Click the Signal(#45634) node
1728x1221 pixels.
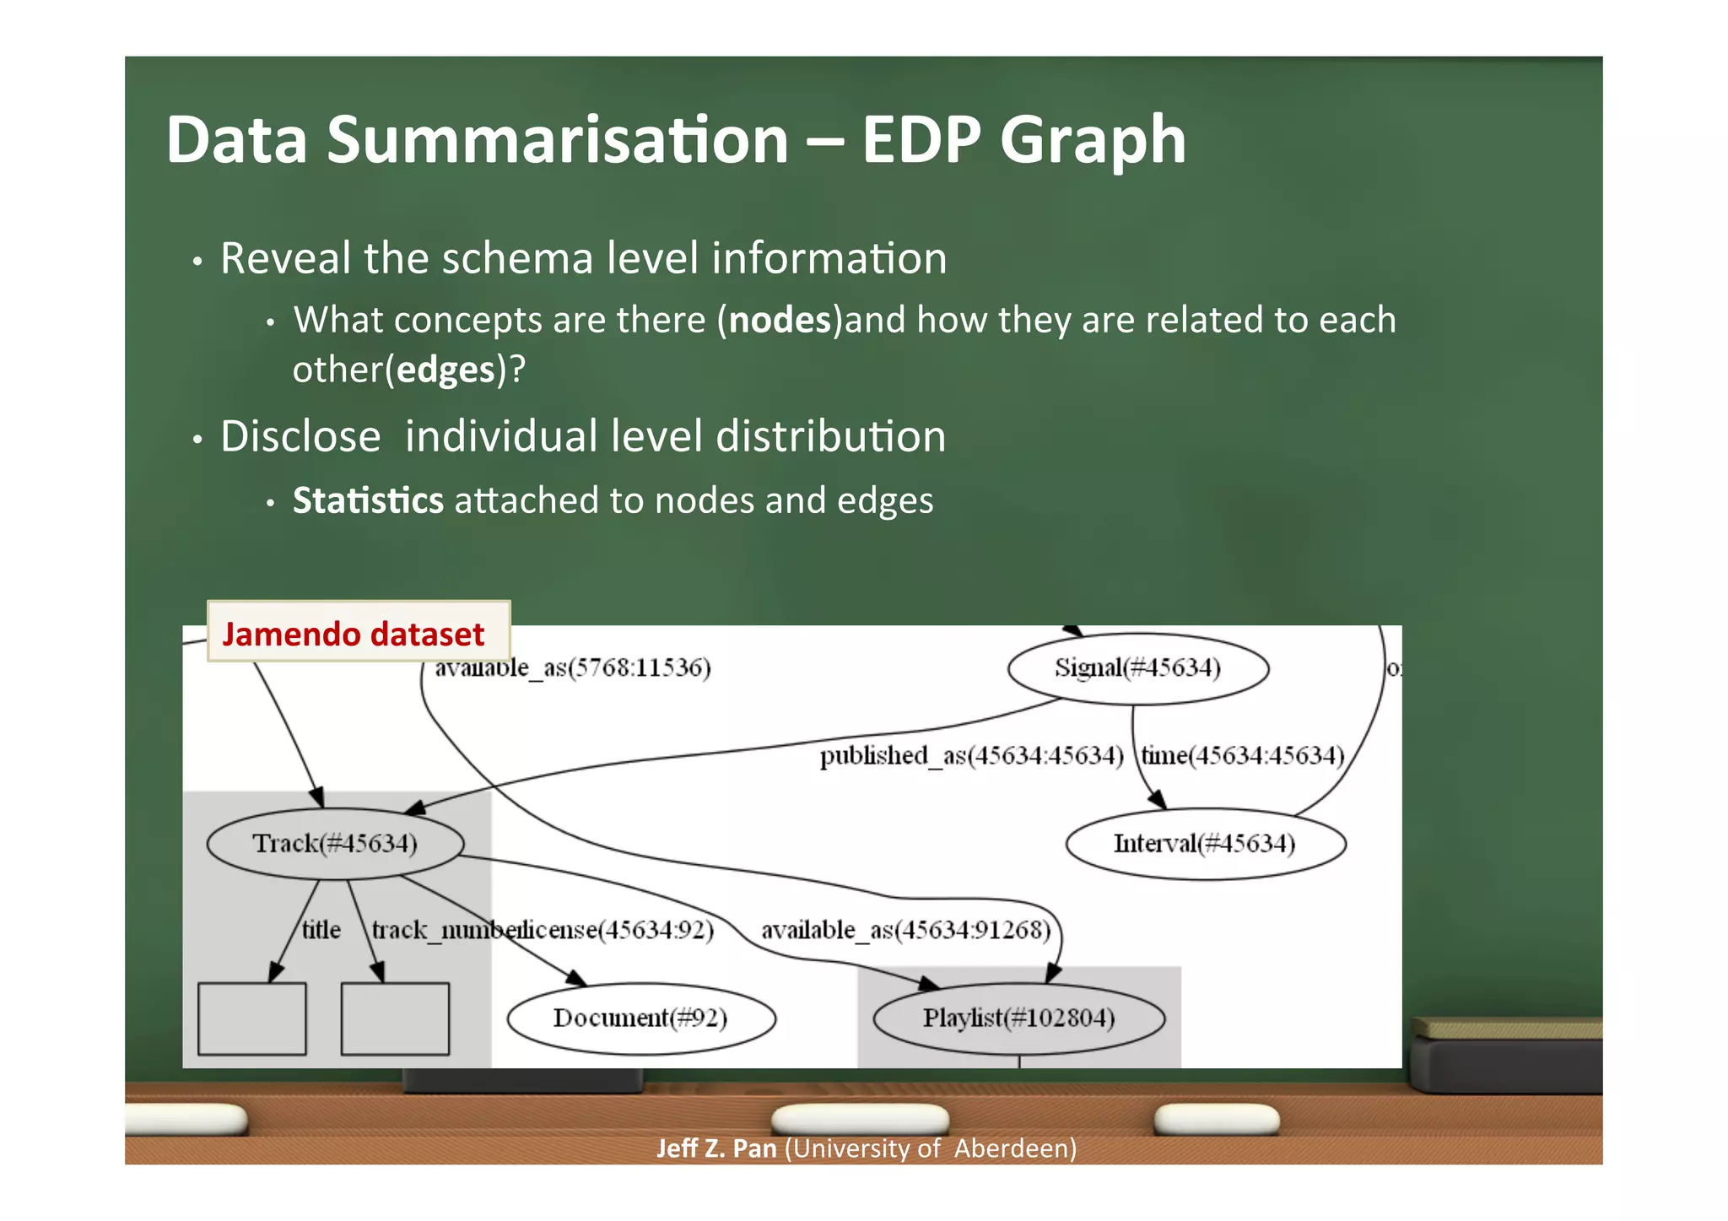1137,668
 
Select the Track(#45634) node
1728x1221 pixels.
335,844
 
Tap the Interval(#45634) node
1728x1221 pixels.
1205,844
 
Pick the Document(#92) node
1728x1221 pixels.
640,1018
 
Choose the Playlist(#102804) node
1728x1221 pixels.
1018,1018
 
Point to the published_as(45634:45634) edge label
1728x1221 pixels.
971,755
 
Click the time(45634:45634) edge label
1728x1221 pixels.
1243,755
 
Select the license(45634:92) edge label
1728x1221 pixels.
614,930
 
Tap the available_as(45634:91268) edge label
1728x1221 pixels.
906,930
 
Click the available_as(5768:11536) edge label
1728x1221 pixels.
573,668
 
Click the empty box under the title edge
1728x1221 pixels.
251,1018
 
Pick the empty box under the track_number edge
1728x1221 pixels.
395,1018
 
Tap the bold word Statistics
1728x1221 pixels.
368,500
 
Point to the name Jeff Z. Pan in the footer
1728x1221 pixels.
716,1148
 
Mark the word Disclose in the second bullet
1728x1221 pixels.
300,437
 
